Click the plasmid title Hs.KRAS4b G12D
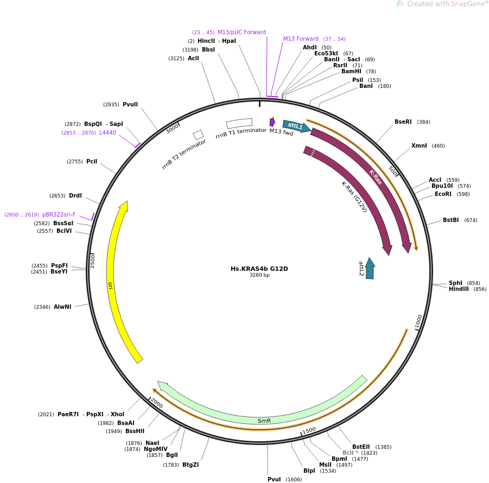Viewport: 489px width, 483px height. [259, 269]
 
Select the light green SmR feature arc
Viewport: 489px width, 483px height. [264, 420]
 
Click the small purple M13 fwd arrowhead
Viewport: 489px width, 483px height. [272, 122]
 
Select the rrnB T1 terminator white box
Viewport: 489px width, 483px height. [239, 123]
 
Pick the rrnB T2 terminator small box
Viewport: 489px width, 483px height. [198, 135]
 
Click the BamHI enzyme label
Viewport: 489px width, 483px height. [351, 72]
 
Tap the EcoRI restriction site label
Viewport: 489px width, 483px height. [443, 194]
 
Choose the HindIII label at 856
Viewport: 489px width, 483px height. [459, 289]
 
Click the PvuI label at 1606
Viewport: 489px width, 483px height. [274, 479]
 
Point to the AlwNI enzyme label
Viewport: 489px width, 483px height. [62, 307]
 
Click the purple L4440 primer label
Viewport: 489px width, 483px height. [107, 132]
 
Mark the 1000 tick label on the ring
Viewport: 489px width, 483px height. [418, 321]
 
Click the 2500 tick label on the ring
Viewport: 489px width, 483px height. [93, 260]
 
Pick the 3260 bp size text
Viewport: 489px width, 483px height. [259, 275]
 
